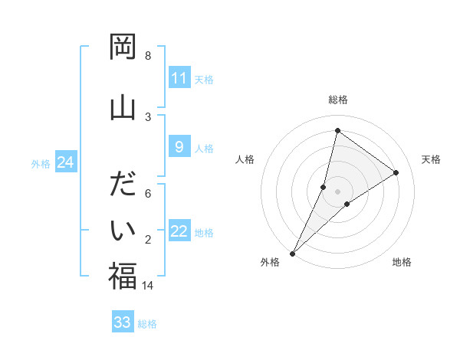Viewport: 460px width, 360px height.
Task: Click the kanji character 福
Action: pos(123,276)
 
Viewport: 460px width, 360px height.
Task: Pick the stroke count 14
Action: pos(148,285)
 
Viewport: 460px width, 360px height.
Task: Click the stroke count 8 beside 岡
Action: pos(148,56)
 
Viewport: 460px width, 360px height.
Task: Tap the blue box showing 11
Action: pos(179,78)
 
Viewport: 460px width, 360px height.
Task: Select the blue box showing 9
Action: pos(179,147)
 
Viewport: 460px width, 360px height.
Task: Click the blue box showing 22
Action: pos(179,231)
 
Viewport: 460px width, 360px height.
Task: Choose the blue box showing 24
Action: pos(66,162)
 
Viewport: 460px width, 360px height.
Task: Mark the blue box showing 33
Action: pos(123,322)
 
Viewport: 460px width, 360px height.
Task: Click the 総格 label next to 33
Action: pos(147,324)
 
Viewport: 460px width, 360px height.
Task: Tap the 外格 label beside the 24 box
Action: pos(41,164)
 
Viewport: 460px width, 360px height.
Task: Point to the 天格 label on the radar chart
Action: pos(431,159)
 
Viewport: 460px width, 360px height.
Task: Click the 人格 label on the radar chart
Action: pos(245,159)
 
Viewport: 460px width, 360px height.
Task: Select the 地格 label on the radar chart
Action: pos(402,262)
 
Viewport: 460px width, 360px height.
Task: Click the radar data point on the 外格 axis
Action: pos(292,253)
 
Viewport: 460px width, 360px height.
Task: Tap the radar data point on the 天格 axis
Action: pos(396,172)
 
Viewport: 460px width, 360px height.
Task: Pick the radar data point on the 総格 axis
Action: pos(337,130)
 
